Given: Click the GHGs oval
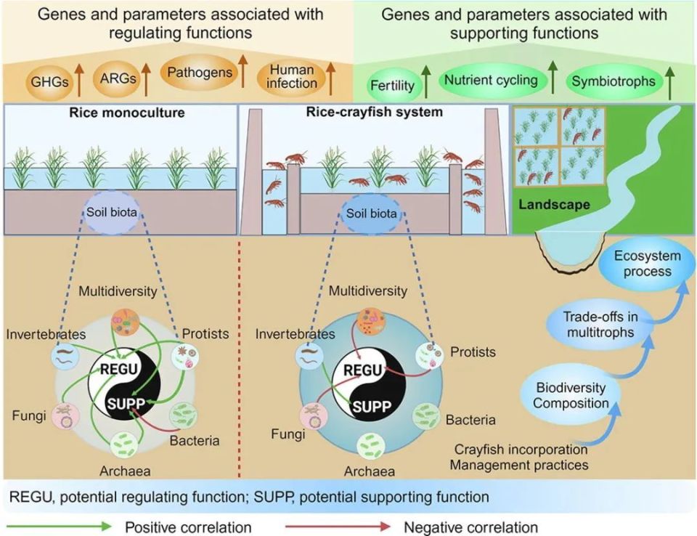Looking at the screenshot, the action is (x=49, y=81).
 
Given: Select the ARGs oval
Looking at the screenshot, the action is (x=118, y=78).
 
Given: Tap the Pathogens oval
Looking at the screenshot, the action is (x=200, y=72).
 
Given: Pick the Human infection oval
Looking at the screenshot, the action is (x=292, y=77).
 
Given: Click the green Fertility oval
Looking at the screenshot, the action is (x=392, y=84).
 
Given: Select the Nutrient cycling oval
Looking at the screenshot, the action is (x=492, y=80).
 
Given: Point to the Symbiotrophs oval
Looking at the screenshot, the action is (x=614, y=81).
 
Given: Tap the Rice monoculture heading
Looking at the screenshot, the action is (x=126, y=112).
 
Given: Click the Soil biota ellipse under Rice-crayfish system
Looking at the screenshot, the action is (x=371, y=214).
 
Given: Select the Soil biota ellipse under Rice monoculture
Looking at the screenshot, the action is (x=112, y=212).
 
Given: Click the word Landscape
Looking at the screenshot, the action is (x=554, y=205).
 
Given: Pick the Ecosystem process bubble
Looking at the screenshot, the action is (x=647, y=264).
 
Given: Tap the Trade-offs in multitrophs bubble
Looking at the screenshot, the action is (x=600, y=324).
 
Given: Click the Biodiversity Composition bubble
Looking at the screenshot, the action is (x=571, y=395).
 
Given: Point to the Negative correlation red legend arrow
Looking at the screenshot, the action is (x=338, y=527).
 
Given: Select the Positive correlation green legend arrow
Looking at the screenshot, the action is (x=59, y=527).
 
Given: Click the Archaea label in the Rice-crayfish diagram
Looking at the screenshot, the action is (x=370, y=471).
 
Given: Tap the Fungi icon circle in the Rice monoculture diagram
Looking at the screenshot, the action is (x=66, y=416).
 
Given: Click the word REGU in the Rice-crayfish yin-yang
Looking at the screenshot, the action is (x=363, y=370).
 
